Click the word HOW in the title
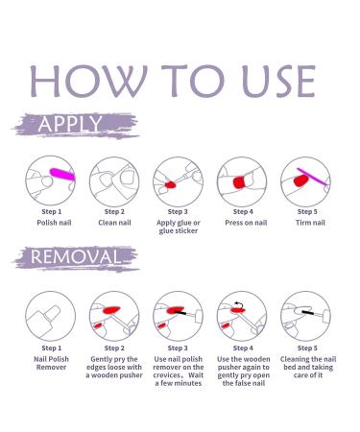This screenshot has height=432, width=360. pos(88,82)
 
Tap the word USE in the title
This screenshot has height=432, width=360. pos(279,82)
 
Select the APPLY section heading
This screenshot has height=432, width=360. pos(70,124)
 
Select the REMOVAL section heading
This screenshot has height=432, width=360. pos(74,257)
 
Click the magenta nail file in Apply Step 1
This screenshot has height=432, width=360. pos(62,174)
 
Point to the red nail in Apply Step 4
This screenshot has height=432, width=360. pos(239,182)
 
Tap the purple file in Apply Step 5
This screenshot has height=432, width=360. pos(313,177)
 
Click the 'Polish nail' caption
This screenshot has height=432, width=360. pos(54,223)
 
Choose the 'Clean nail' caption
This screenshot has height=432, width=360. pos(114,223)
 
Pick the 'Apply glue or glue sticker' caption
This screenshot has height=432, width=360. pos(179,227)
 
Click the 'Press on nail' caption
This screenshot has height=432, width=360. pos(246,223)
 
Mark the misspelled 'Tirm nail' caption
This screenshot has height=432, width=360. pos(310,223)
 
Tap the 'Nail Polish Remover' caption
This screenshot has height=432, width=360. pos(51,363)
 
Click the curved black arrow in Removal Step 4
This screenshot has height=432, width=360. pos(238,304)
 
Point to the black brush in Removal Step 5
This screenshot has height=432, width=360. pos(307,311)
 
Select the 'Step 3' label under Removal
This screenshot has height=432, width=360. pos(178,348)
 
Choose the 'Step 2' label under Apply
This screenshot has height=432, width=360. pos(114,212)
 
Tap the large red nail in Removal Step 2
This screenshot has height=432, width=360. pos(111,310)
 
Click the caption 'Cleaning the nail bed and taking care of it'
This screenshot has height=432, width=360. pos(308,367)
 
